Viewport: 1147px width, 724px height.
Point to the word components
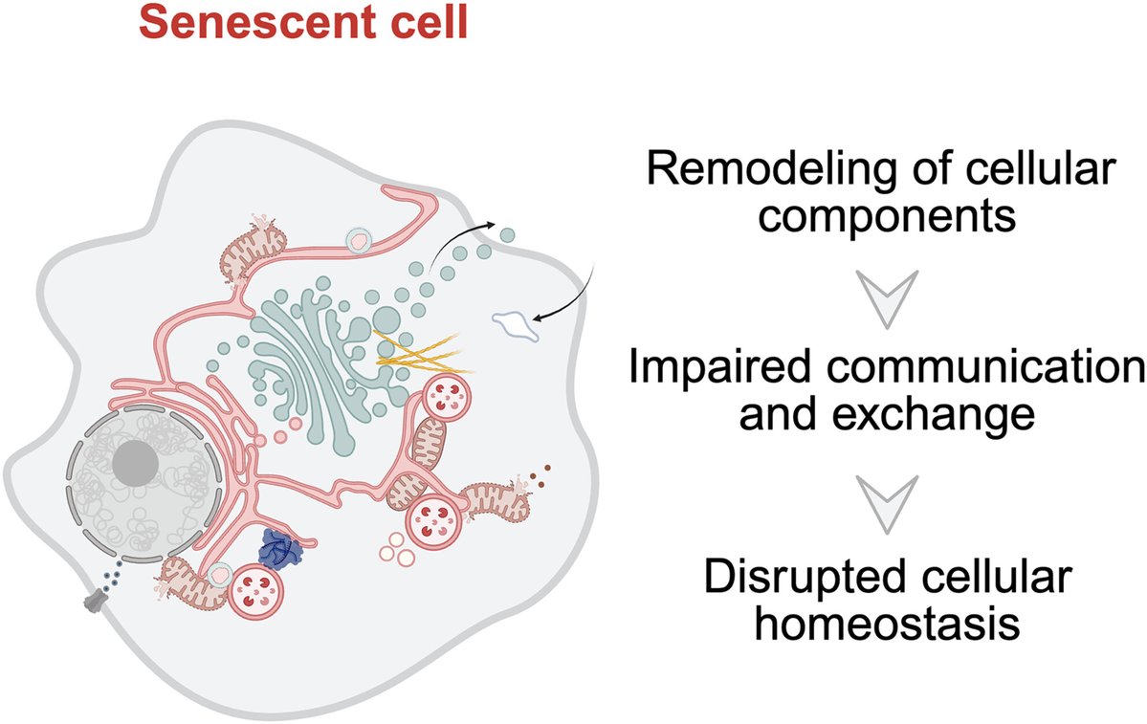point(887,216)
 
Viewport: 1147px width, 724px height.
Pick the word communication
point(982,366)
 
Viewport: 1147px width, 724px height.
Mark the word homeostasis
point(888,623)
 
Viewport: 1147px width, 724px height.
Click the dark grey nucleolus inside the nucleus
point(136,462)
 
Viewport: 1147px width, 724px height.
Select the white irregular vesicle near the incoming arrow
point(517,325)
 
